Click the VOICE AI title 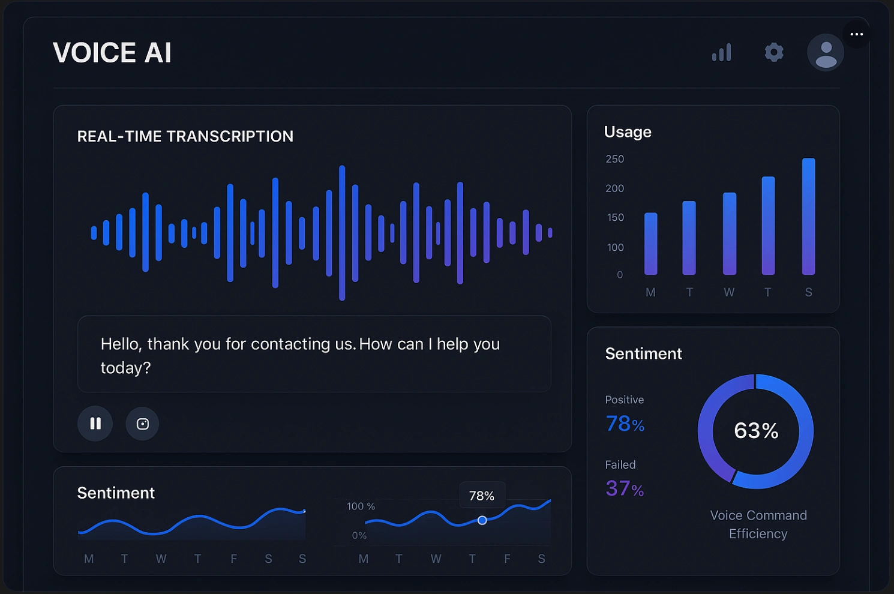(112, 53)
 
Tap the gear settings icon (774, 52)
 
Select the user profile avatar (826, 53)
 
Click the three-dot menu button (857, 34)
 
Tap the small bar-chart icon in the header (722, 53)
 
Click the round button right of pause (142, 424)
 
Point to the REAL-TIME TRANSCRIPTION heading (185, 136)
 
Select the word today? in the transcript (125, 368)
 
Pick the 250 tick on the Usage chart (615, 159)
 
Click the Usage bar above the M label (651, 244)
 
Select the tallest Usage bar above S (809, 217)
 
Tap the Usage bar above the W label (730, 233)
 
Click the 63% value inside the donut (756, 431)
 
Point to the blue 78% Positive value (625, 424)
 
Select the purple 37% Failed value (625, 488)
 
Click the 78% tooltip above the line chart (482, 496)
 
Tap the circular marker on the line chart (482, 520)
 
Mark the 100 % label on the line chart (361, 506)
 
